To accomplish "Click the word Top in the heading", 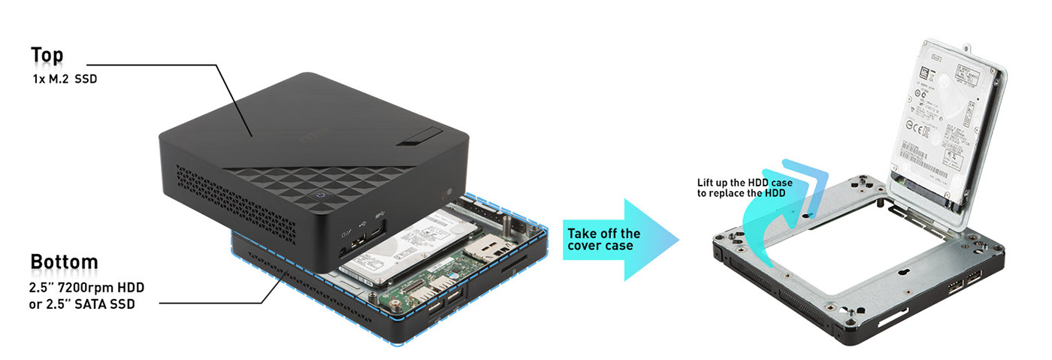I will [47, 56].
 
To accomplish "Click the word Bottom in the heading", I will [64, 262].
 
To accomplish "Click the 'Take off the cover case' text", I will [603, 240].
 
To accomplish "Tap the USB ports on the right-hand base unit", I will [964, 283].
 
